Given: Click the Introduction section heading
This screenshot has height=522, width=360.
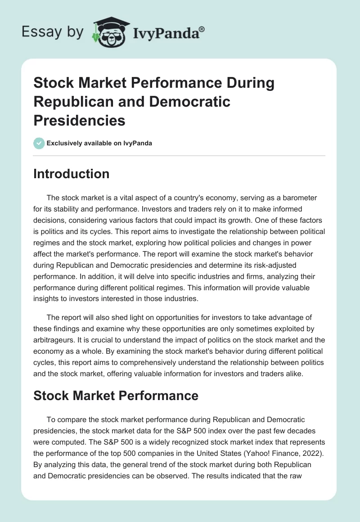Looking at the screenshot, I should click(71, 174).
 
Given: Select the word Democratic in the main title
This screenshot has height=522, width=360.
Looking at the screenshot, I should click(190, 102).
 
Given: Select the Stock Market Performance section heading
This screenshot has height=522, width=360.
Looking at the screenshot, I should click(116, 396).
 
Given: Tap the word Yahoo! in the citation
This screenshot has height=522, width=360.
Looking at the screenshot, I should click(258, 453).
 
